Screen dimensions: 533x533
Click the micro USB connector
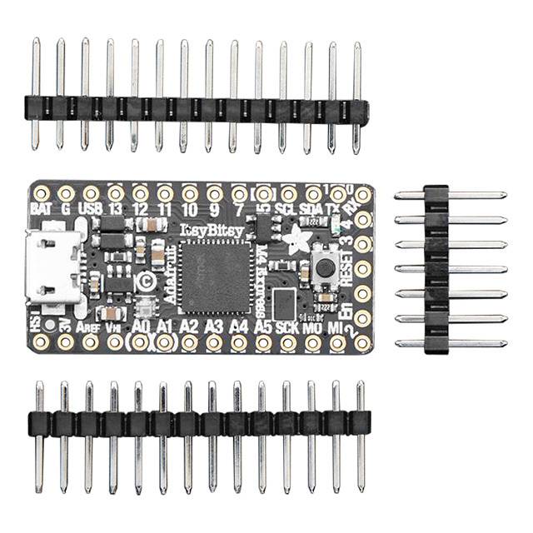[x=57, y=266]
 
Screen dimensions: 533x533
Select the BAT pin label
[x=41, y=208]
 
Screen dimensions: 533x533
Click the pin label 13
[x=116, y=208]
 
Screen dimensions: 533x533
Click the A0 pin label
[x=140, y=327]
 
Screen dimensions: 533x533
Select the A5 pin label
[x=263, y=327]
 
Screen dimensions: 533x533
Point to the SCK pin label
[x=287, y=327]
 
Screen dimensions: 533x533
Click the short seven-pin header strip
[x=436, y=269]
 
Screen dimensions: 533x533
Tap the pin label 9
[x=214, y=208]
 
